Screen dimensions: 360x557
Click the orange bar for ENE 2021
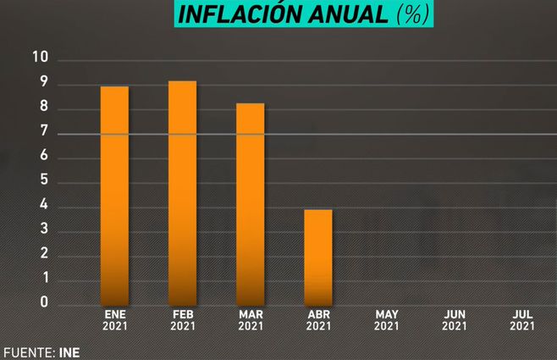[x=115, y=195]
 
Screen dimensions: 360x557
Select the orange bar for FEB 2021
[x=183, y=192]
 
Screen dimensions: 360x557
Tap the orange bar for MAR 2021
[x=251, y=203]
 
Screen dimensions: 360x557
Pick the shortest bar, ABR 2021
[x=318, y=256]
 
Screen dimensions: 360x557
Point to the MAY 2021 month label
[x=386, y=319]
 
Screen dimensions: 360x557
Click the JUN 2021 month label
[x=455, y=319]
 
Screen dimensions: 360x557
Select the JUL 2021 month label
[x=522, y=319]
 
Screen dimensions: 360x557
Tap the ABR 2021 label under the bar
[x=318, y=319]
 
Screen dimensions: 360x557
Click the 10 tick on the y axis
[x=41, y=58]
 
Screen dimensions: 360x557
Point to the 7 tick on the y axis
[x=42, y=133]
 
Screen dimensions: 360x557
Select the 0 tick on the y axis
[x=42, y=302]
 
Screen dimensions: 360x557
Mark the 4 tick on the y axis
[x=42, y=206]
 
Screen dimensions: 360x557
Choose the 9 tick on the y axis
[x=42, y=84]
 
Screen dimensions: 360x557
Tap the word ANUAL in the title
[x=348, y=14]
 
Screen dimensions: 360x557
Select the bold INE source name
[x=69, y=351]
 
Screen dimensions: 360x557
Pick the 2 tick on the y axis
[x=42, y=254]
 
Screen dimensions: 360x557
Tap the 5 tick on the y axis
[x=42, y=181]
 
